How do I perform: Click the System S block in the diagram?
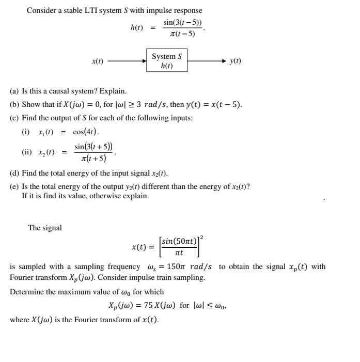coord(167,60)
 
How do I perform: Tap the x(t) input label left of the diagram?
coord(97,61)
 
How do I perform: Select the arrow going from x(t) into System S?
coord(128,61)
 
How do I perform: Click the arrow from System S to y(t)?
coord(207,61)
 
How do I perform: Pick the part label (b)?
coord(15,105)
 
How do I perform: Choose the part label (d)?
coord(15,174)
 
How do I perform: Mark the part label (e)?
coord(15,187)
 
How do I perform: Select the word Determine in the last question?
coord(27,292)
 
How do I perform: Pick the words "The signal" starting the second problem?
coord(45,228)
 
